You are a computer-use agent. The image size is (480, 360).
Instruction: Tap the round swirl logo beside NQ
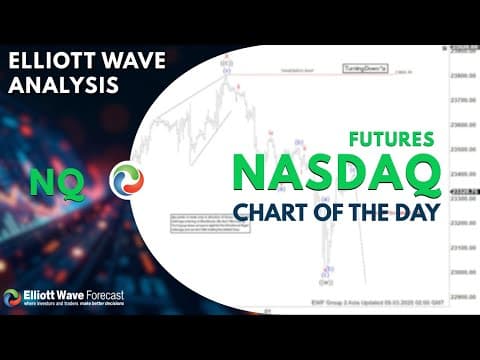coord(127,179)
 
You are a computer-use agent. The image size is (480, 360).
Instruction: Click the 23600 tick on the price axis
coord(462,124)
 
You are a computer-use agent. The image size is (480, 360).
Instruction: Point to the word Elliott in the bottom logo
coord(42,295)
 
